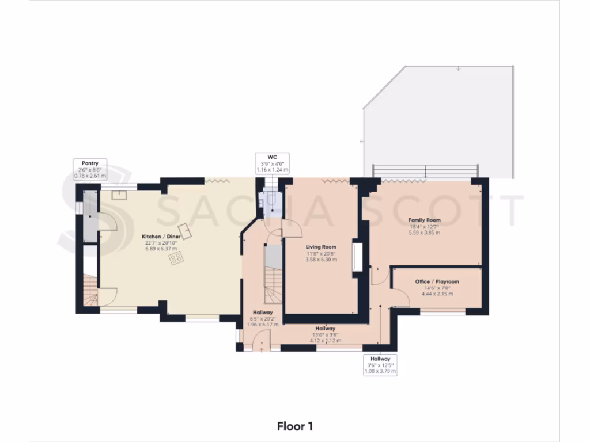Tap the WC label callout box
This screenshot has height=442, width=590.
[273, 163]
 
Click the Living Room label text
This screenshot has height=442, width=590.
[322, 247]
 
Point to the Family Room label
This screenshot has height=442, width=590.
[424, 220]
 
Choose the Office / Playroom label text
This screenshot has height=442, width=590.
[437, 281]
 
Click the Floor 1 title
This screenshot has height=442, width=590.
[294, 426]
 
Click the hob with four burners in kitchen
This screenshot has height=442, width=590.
[176, 260]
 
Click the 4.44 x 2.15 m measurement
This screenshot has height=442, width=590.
[437, 294]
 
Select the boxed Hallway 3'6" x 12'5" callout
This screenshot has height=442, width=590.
[380, 365]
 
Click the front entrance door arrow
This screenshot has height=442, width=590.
[262, 347]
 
